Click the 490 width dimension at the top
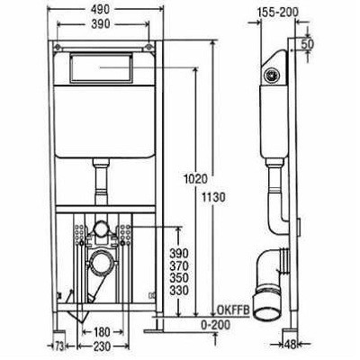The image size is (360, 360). coord(101,9)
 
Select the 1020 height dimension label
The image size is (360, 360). coord(196,179)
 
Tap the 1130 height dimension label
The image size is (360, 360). coord(213,198)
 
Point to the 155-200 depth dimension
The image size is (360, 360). coord(277,13)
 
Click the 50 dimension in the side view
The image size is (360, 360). coord(307,44)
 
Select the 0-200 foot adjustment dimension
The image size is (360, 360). coord(215,325)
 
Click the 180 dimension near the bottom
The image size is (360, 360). coord(102,332)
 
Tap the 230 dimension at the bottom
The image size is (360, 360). coord(102,346)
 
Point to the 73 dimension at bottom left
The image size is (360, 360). coord(59,347)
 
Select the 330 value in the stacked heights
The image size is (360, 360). coord(179,291)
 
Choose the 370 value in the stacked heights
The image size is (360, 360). coord(179,266)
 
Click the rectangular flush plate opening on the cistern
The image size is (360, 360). coord(101,68)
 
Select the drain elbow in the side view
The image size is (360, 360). coord(271,282)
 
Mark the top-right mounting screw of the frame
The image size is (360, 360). coord(148,47)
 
